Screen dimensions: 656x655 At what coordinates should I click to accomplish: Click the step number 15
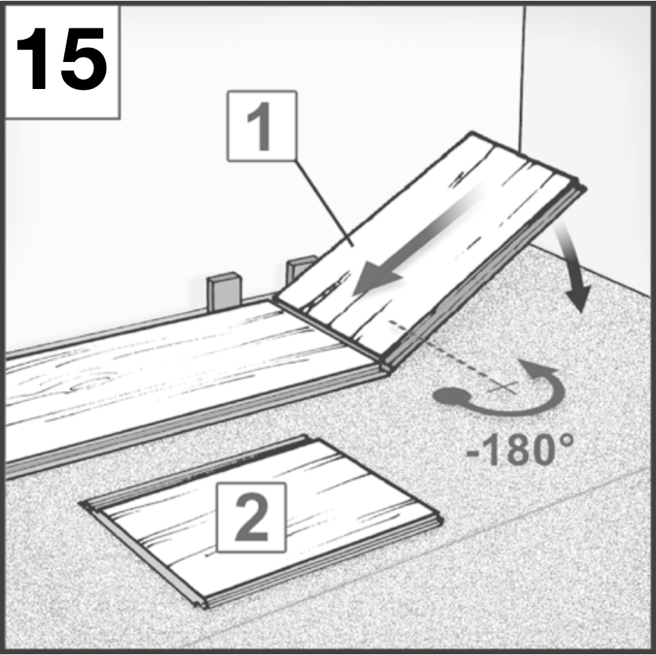point(61,59)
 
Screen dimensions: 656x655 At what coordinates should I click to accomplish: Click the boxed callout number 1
point(262,126)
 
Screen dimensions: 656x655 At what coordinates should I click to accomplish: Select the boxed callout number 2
point(251,517)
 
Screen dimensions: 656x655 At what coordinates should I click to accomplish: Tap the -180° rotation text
point(520,450)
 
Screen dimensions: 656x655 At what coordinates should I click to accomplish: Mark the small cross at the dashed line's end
point(502,387)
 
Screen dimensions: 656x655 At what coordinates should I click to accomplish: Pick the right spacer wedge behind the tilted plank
point(300,268)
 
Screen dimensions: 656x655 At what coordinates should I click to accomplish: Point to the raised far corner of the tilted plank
point(472,132)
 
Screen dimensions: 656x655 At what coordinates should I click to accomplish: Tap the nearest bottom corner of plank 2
point(203,606)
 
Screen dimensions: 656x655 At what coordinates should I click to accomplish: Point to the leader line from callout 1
point(324,203)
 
